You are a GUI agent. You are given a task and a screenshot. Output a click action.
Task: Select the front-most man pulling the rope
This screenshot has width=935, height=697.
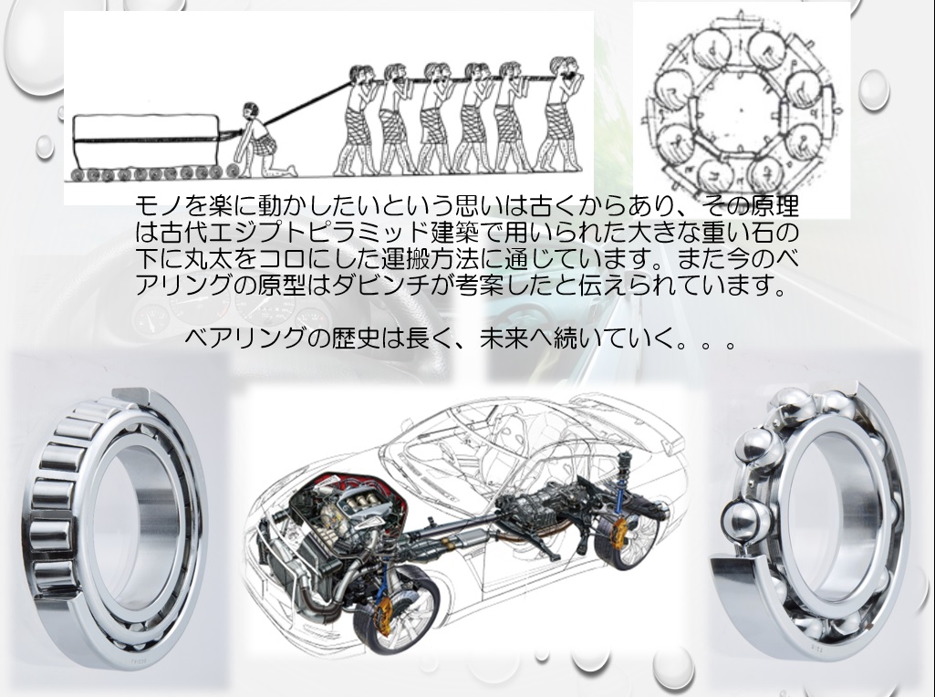click(559, 114)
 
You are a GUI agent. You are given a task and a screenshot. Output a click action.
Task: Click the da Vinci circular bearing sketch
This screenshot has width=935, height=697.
click(742, 108)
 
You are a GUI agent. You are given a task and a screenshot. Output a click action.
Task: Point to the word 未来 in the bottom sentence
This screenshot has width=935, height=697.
click(504, 338)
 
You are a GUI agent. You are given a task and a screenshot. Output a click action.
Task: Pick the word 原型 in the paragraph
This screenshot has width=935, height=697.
click(284, 285)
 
